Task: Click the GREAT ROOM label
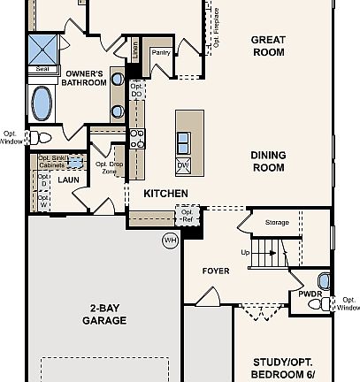coord(267,45)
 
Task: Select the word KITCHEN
coord(165,193)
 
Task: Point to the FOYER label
coord(216,271)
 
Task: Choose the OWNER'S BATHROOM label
coord(83,78)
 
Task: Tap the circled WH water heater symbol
coord(170,240)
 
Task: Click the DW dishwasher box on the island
coord(183,165)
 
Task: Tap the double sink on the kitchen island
coord(183,141)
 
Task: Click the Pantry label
coord(161,53)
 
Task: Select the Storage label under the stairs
coord(276,222)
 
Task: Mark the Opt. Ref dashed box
coord(187,215)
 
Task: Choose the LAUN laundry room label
coord(69,180)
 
